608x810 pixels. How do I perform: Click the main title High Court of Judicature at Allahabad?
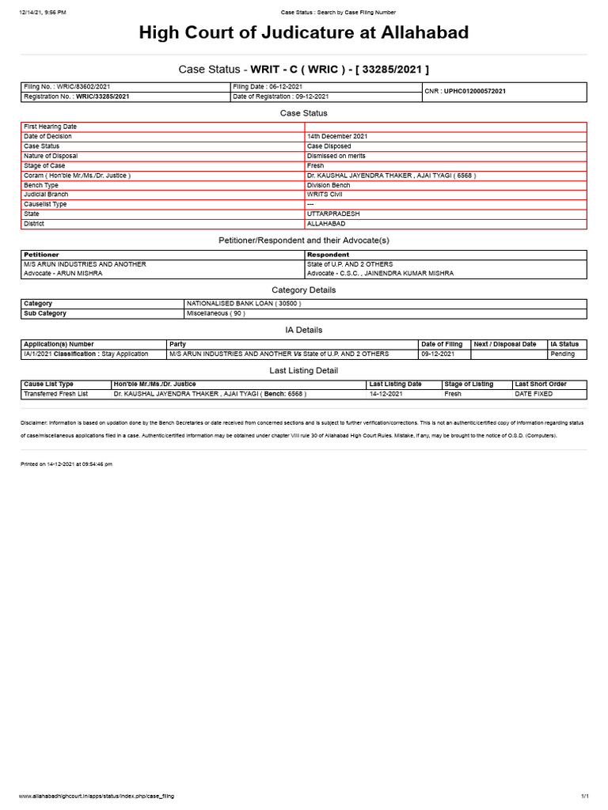(304, 33)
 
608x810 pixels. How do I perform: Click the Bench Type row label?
(43, 184)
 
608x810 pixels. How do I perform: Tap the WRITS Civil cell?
(325, 194)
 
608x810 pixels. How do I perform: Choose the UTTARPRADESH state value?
(332, 214)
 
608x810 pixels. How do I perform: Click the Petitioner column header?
(41, 255)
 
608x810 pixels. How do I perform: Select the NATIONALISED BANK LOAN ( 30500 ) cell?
(243, 303)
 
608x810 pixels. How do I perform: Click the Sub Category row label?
(45, 313)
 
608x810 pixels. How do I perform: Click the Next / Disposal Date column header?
(505, 344)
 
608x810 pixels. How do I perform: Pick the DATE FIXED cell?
(534, 393)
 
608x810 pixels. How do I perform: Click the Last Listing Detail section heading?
(304, 370)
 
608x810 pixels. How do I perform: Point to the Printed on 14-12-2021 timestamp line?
(66, 464)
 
